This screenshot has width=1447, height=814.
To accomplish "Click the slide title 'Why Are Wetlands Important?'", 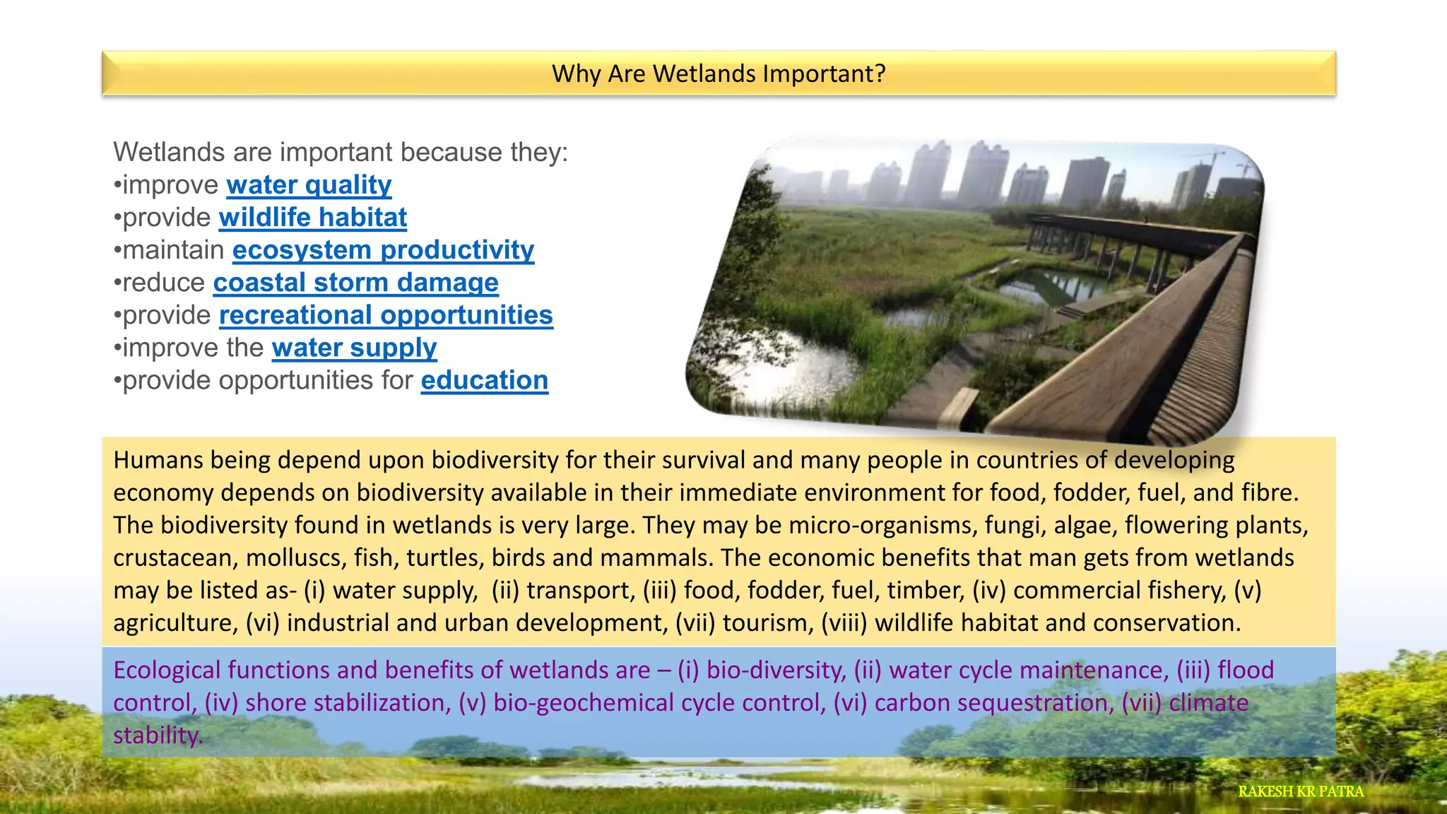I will pyautogui.click(x=718, y=73).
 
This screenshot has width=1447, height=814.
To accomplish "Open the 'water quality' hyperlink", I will pyautogui.click(x=309, y=185).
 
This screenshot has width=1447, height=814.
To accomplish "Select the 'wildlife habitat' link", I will pyautogui.click(x=313, y=218).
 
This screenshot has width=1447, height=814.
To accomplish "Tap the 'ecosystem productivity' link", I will pyautogui.click(x=383, y=250).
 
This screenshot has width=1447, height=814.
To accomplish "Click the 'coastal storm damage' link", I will pyautogui.click(x=355, y=283).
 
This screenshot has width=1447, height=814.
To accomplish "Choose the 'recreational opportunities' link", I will pyautogui.click(x=386, y=315).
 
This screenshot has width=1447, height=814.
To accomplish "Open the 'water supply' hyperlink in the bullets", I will pyautogui.click(x=354, y=348).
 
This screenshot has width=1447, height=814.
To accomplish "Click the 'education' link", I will pyautogui.click(x=484, y=380).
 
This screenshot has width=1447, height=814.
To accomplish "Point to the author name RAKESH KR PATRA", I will pyautogui.click(x=1300, y=791).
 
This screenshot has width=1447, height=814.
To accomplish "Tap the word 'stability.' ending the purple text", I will pyautogui.click(x=158, y=735).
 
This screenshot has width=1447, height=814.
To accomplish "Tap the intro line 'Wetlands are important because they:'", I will pyautogui.click(x=341, y=153).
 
